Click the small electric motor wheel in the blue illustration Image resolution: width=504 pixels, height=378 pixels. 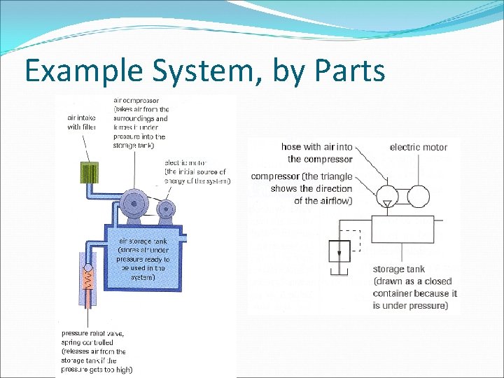pos(167,209)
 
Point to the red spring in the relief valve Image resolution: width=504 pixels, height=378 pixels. pos(87,281)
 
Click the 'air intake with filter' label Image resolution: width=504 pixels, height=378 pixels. pos(83,122)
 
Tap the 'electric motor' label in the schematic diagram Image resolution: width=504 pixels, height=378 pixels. pos(418,147)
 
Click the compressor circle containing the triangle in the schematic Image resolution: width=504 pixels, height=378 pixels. pos(386,195)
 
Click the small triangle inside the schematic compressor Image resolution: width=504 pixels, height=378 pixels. pos(386,203)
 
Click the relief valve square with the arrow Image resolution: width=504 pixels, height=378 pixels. pos(339,250)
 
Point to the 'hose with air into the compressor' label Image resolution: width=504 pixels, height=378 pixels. pos(316,153)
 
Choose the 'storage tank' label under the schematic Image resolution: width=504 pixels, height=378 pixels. pos(398,269)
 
